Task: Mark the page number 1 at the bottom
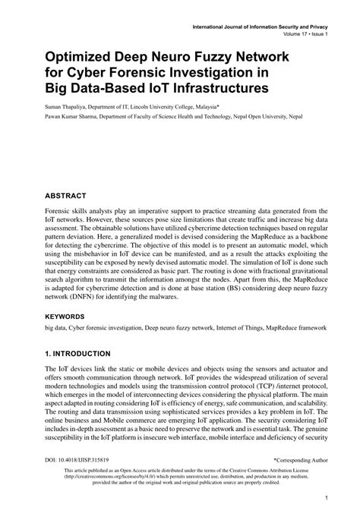coord(325,499)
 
